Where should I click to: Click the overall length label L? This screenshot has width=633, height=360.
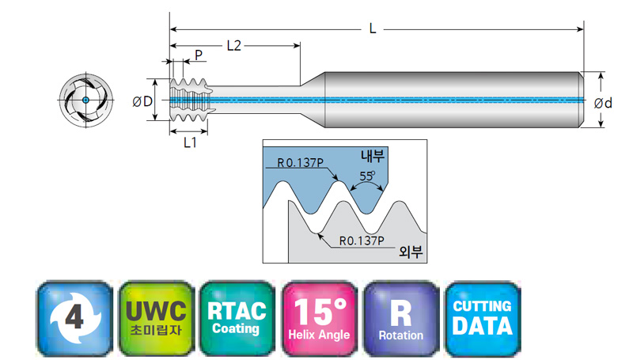coord(372,28)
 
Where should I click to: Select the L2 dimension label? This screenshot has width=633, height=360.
coord(234,46)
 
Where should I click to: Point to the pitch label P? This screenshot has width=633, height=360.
coord(199,55)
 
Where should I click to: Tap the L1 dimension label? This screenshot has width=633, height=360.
coord(190,142)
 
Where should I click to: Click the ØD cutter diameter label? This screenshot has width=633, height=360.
coord(142,101)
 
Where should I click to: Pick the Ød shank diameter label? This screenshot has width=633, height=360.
coord(603,104)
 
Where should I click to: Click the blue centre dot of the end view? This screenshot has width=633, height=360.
coord(85,100)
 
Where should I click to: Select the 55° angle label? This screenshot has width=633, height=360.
coord(367,176)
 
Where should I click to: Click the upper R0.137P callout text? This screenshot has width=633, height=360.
coord(301,163)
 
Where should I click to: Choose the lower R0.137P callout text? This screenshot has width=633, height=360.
coord(362,241)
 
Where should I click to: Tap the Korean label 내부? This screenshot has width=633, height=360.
coord(373,156)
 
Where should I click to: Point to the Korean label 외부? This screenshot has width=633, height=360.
coord(411,251)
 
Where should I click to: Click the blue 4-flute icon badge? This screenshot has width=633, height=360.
coord(74,318)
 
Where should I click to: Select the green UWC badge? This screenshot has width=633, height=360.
coord(156,318)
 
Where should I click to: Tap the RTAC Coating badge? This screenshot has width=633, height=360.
coord(237,318)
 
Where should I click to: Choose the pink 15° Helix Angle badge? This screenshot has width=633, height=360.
coord(320,318)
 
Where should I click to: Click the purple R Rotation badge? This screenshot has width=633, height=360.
coord(401,318)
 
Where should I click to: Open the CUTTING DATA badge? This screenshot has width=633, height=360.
coord(483,318)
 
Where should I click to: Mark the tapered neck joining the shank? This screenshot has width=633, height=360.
coord(313,100)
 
